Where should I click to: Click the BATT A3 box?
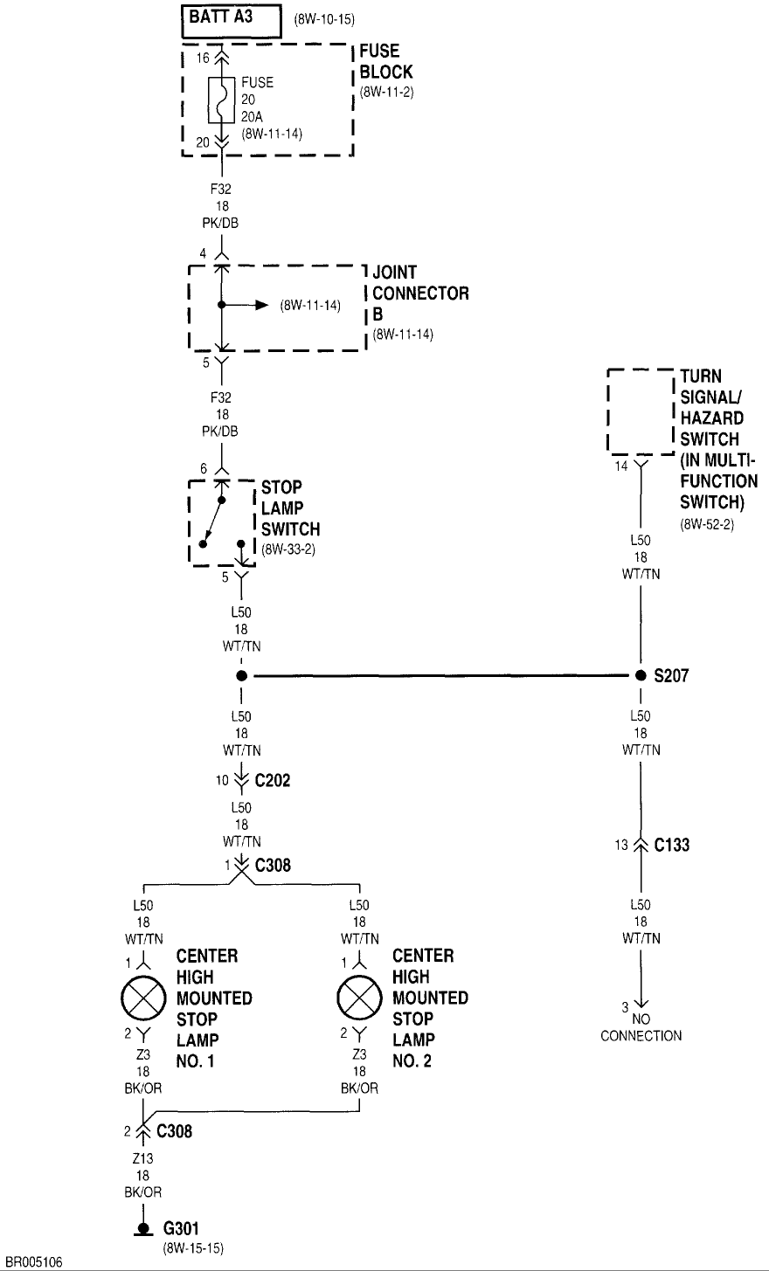point(232,19)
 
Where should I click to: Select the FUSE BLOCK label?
point(385,62)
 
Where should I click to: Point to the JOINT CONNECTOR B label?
point(420,293)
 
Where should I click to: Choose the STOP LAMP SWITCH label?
point(290,508)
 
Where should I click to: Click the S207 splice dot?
point(641,675)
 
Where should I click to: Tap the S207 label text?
point(672,675)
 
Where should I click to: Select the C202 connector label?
point(272,780)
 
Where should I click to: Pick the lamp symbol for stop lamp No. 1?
point(142,998)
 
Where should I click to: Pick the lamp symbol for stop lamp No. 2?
point(358,998)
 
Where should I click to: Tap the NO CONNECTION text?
point(641,1028)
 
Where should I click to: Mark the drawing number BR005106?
point(33,1262)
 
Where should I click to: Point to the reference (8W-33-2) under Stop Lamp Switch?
point(290,550)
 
